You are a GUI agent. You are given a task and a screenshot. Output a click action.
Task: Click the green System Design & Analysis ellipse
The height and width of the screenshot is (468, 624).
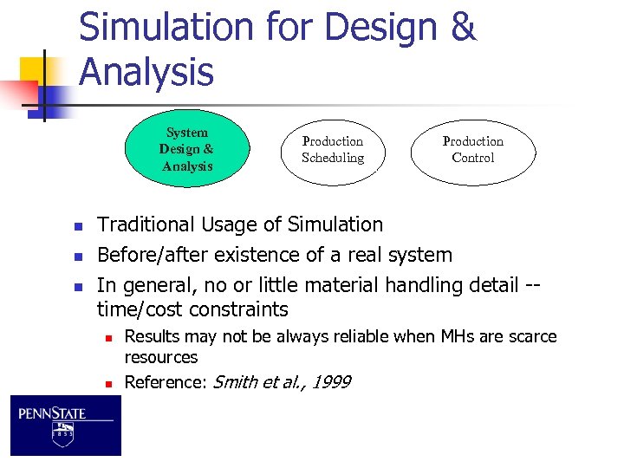[x=186, y=149]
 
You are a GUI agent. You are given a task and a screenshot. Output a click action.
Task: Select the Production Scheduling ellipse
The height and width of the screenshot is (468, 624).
[x=332, y=150]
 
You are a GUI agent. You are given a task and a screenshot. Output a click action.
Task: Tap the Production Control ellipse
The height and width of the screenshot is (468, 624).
[x=472, y=150]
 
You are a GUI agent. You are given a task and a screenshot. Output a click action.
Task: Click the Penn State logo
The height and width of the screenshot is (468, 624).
[x=66, y=426]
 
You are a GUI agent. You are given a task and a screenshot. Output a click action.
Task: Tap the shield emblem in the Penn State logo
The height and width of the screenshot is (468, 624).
[x=63, y=434]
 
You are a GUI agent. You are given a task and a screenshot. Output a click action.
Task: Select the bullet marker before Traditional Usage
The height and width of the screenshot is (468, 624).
[x=77, y=226]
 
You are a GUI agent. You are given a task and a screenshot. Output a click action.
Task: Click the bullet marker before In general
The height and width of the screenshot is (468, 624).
[x=77, y=286]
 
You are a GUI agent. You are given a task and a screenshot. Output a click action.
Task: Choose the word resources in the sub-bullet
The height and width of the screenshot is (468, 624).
[x=161, y=357]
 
